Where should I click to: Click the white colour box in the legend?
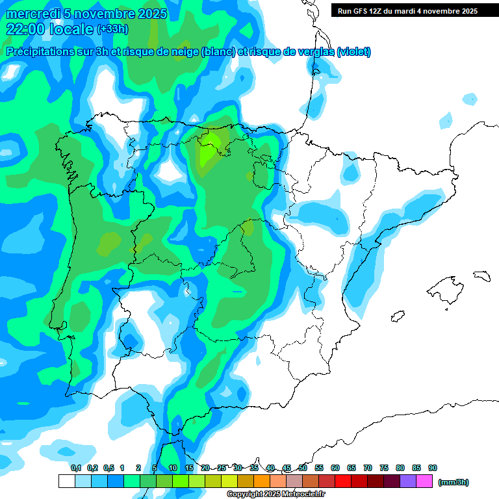point(66,481)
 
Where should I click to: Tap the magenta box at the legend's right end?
point(424,481)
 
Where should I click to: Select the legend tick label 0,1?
point(76,468)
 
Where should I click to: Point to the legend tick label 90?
point(433,468)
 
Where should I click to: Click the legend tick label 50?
point(303,468)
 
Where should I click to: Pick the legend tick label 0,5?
point(109,468)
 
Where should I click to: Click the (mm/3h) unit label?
point(453,482)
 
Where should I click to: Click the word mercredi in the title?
point(33,14)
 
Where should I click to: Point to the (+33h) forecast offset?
point(112,29)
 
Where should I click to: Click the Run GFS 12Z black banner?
point(405,10)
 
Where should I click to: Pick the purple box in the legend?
point(408,481)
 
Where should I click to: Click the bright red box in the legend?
point(343,481)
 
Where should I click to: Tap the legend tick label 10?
point(173,468)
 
